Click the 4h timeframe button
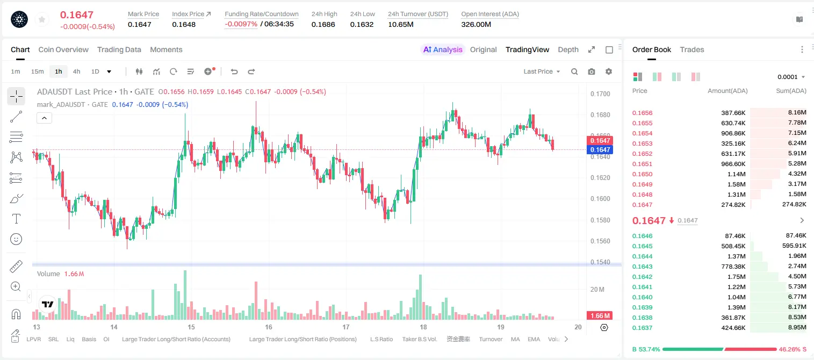point(76,71)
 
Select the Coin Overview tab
point(63,49)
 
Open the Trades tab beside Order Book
point(691,49)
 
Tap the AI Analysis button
point(443,49)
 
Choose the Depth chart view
point(568,49)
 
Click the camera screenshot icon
point(592,71)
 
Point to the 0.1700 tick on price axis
point(600,93)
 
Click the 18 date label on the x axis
point(423,327)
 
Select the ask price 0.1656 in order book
point(642,113)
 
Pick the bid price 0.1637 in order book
point(642,328)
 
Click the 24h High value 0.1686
point(323,24)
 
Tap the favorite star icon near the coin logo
point(42,19)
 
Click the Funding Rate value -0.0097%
point(241,24)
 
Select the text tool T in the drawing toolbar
point(16,219)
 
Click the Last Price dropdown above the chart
point(542,71)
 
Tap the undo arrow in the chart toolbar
point(234,71)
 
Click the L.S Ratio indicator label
point(381,339)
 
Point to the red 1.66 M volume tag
point(600,316)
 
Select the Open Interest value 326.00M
point(476,24)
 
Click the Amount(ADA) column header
point(727,91)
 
